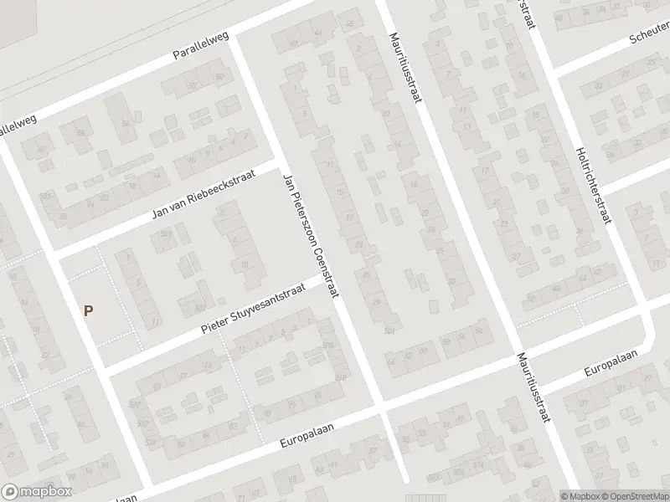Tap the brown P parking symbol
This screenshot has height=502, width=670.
88,310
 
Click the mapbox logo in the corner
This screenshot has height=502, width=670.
37,492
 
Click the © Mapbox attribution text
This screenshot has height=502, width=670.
580,496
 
